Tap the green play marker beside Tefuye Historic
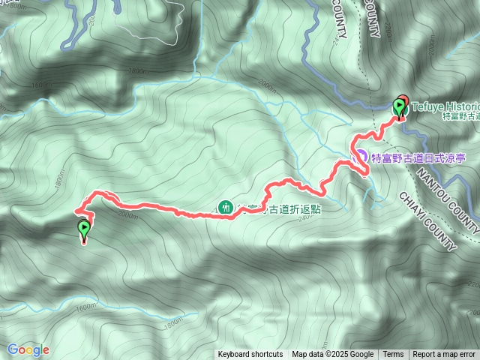pyautogui.click(x=397, y=107)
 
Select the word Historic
pyautogui.click(x=461, y=106)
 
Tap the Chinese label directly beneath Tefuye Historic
pyautogui.click(x=460, y=116)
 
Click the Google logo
pyautogui.click(x=28, y=349)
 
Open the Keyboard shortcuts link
pyautogui.click(x=250, y=355)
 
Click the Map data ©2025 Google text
pyautogui.click(x=332, y=355)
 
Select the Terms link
pyautogui.click(x=393, y=355)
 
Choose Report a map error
pyautogui.click(x=444, y=355)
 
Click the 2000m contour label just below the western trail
pyautogui.click(x=128, y=216)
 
